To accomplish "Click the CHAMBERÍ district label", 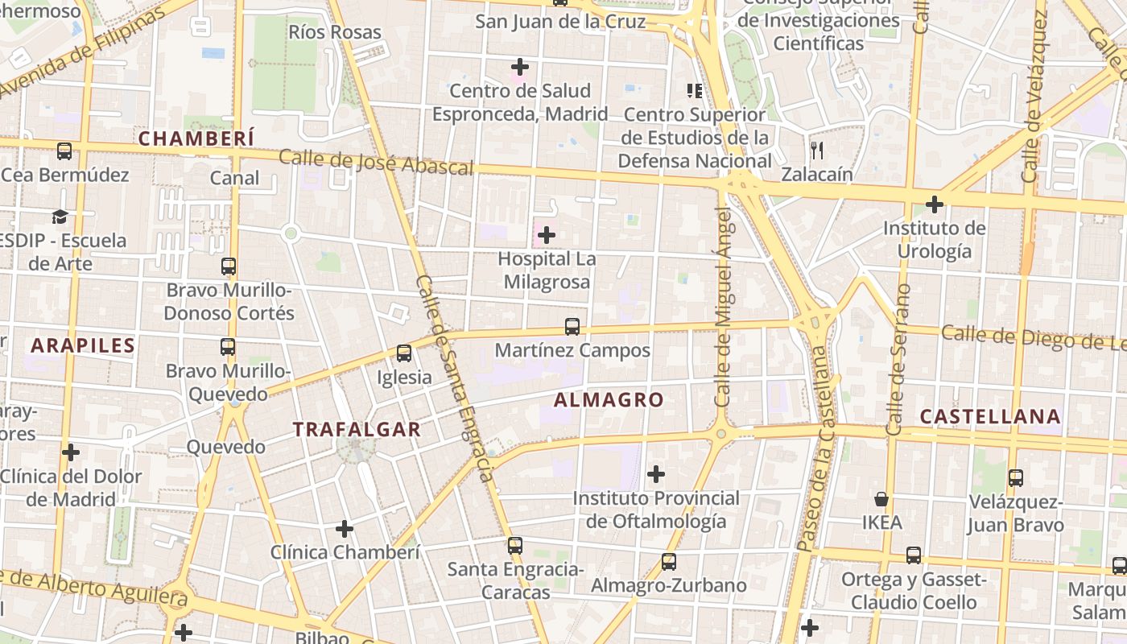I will (x=196, y=138).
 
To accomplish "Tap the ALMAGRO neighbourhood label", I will (x=609, y=399).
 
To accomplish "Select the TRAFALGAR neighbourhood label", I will (x=357, y=429).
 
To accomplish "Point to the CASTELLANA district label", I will (x=990, y=416).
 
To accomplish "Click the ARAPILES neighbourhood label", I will (x=83, y=345).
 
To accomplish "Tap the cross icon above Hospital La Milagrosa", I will (x=547, y=235).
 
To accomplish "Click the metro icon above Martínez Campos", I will (x=572, y=327).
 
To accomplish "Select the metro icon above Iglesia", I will (x=404, y=353).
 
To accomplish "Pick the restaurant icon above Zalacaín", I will (x=816, y=150).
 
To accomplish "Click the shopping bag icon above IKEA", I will (x=881, y=499).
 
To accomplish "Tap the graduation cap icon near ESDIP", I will (x=60, y=217).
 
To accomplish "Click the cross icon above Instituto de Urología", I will (x=934, y=204).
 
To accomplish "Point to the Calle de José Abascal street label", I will (x=376, y=162).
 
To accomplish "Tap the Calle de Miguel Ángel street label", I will (x=723, y=306).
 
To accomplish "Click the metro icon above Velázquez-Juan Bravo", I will (x=1016, y=478).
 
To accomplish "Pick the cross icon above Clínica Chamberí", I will (x=345, y=529).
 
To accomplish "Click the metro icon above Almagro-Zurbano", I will (x=669, y=562).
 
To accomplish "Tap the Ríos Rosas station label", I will (x=334, y=33).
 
